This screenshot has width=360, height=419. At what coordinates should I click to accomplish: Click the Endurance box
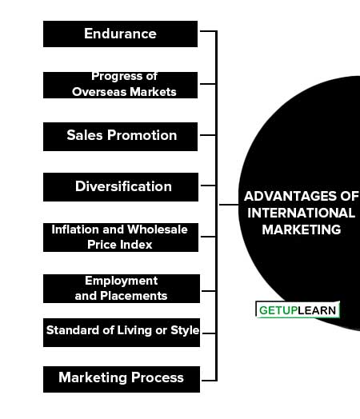pyautogui.click(x=120, y=34)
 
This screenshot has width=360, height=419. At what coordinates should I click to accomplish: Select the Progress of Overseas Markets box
pyautogui.click(x=120, y=85)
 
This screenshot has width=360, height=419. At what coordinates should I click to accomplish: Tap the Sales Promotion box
pyautogui.click(x=120, y=137)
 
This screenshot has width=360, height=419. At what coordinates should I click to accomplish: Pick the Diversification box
pyautogui.click(x=121, y=187)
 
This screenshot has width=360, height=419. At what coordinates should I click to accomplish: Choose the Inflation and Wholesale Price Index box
pyautogui.click(x=121, y=237)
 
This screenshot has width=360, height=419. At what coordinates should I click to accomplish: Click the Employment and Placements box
pyautogui.click(x=122, y=289)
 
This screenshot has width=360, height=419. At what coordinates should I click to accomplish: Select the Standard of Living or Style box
pyautogui.click(x=122, y=333)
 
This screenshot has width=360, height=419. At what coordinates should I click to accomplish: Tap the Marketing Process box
pyautogui.click(x=122, y=379)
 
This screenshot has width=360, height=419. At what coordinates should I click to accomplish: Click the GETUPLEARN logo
pyautogui.click(x=298, y=310)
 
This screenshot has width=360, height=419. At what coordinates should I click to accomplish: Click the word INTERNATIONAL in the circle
pyautogui.click(x=302, y=213)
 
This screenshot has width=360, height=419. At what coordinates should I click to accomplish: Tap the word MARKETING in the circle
pyautogui.click(x=302, y=229)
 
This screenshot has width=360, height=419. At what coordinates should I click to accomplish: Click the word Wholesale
pyautogui.click(x=158, y=229)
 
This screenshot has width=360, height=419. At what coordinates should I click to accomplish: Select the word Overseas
pyautogui.click(x=99, y=92)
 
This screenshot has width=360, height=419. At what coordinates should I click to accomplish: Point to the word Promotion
pyautogui.click(x=142, y=135)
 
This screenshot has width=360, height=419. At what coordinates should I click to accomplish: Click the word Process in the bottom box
pyautogui.click(x=158, y=377)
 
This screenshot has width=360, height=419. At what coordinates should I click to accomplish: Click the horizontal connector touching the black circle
pyautogui.click(x=229, y=205)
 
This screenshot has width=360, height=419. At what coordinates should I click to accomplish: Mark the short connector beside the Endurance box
pyautogui.click(x=208, y=31)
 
